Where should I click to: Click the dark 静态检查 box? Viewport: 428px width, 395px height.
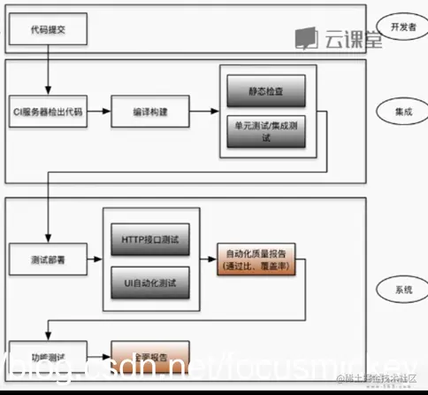[265, 89]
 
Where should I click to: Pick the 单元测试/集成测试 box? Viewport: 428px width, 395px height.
[265, 130]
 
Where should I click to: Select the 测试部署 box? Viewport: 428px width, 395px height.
[47, 260]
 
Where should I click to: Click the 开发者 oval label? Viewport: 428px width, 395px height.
[400, 24]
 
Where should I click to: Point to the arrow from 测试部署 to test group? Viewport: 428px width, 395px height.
[93, 260]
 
